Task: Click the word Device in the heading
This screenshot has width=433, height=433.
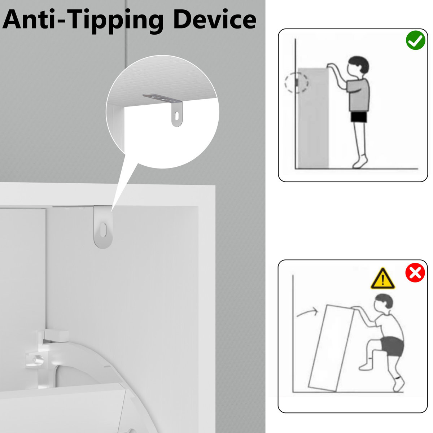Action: coord(215,19)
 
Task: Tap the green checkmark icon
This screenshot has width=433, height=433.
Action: coord(415,40)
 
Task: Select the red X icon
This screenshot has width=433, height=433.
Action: coord(415,272)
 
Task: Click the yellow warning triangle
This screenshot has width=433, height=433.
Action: coord(383,279)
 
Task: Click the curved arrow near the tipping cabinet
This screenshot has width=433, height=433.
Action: coord(307,312)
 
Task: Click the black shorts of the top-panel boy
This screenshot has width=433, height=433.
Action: coord(359,117)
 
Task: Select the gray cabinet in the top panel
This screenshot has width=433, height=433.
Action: coord(313,118)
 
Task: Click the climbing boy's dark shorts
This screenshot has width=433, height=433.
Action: coord(392,347)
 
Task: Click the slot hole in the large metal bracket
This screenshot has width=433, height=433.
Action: coord(103,230)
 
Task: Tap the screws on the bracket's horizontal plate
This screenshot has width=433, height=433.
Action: coord(158,98)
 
